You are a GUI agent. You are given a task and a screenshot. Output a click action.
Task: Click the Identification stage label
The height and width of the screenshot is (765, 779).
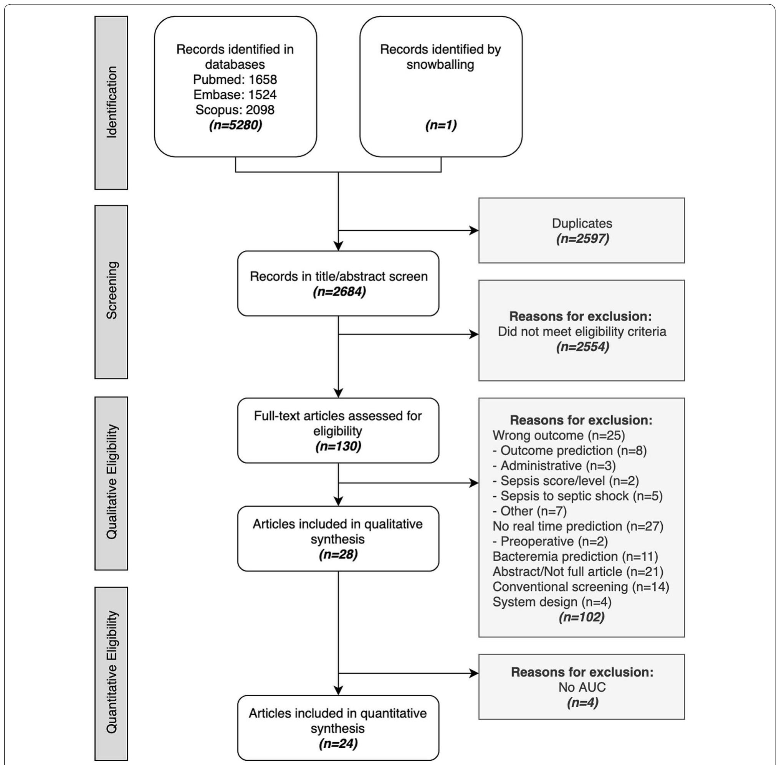coord(111,102)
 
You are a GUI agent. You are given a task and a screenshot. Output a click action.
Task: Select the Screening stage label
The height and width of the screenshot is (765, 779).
coord(111,291)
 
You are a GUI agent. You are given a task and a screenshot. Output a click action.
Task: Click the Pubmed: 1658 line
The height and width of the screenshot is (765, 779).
coord(235,79)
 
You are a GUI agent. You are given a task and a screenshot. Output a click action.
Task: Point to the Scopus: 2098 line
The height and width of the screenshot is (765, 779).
coord(235,110)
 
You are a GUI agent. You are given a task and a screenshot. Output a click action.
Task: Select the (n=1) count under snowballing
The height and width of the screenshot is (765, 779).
coord(441,126)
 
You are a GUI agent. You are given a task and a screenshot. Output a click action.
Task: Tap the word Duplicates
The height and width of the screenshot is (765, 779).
coord(582,223)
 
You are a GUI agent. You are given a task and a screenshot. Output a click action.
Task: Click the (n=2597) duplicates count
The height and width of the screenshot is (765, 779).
coord(582,239)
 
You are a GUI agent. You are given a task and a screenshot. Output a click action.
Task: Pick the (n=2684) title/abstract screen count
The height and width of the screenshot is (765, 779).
coord(339,292)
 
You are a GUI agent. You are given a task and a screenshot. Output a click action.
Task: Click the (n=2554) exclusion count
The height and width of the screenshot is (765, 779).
coord(582,347)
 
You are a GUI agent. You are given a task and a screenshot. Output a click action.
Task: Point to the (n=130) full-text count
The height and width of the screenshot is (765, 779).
coord(338,446)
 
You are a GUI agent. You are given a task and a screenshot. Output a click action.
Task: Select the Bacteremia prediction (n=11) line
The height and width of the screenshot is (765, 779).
coord(575,557)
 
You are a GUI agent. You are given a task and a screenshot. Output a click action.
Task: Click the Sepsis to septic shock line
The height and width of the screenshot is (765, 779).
coord(577,496)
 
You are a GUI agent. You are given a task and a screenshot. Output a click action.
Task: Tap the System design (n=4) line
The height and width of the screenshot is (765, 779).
coord(551,602)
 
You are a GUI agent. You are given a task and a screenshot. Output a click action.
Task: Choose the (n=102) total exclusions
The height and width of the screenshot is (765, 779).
coord(581,617)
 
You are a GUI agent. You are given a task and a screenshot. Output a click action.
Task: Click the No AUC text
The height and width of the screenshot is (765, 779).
coord(582,687)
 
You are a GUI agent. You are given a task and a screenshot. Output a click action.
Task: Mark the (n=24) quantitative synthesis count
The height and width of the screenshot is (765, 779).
coord(338,744)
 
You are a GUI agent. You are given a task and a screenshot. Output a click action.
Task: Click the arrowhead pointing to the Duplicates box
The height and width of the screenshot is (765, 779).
coord(474,231)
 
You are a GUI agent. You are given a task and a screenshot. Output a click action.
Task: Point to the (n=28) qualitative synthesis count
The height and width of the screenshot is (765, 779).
coord(338,555)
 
